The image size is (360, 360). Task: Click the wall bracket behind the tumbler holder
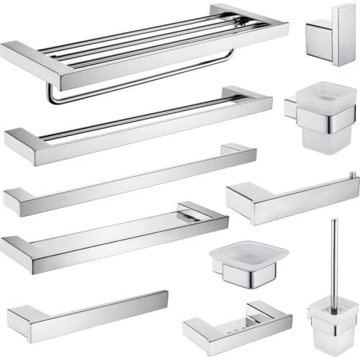click(x=291, y=107)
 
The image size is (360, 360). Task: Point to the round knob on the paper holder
click(x=353, y=175)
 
